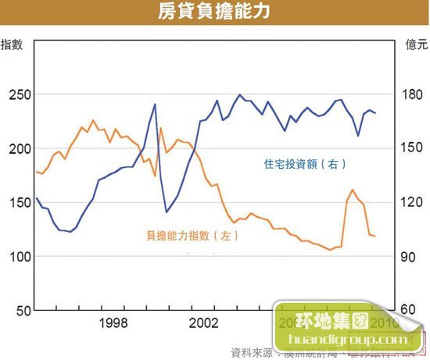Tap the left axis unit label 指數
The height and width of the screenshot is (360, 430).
(11, 44)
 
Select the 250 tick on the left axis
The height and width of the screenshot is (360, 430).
(17, 94)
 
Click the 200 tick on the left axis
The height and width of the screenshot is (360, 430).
(17, 148)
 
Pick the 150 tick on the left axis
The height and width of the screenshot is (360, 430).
(17, 202)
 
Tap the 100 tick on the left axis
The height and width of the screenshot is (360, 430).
(17, 256)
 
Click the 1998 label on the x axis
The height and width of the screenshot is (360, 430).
(114, 323)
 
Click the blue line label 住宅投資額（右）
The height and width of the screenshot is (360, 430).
(303, 164)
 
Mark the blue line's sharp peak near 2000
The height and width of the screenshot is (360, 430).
(155, 104)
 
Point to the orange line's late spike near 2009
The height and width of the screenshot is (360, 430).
(353, 190)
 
